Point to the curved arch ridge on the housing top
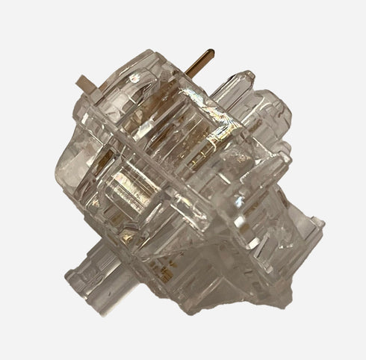[x=149, y=71]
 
